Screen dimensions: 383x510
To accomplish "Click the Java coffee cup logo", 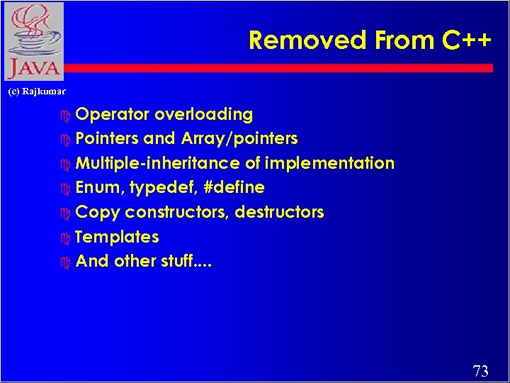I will [33, 32].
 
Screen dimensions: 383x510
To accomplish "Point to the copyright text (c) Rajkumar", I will [36, 91].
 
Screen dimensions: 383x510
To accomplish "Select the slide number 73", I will [480, 371].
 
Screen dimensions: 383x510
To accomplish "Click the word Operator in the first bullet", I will [112, 114].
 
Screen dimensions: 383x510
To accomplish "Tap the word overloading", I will [203, 114].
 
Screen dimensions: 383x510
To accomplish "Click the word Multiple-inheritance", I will [158, 163].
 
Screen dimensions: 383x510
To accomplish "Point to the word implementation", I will [329, 163].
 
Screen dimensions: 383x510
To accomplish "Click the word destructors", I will [279, 212].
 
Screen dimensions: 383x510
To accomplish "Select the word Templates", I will [117, 237].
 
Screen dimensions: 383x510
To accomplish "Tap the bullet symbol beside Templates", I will [66, 238].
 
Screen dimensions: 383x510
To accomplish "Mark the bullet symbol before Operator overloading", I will [66, 115].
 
